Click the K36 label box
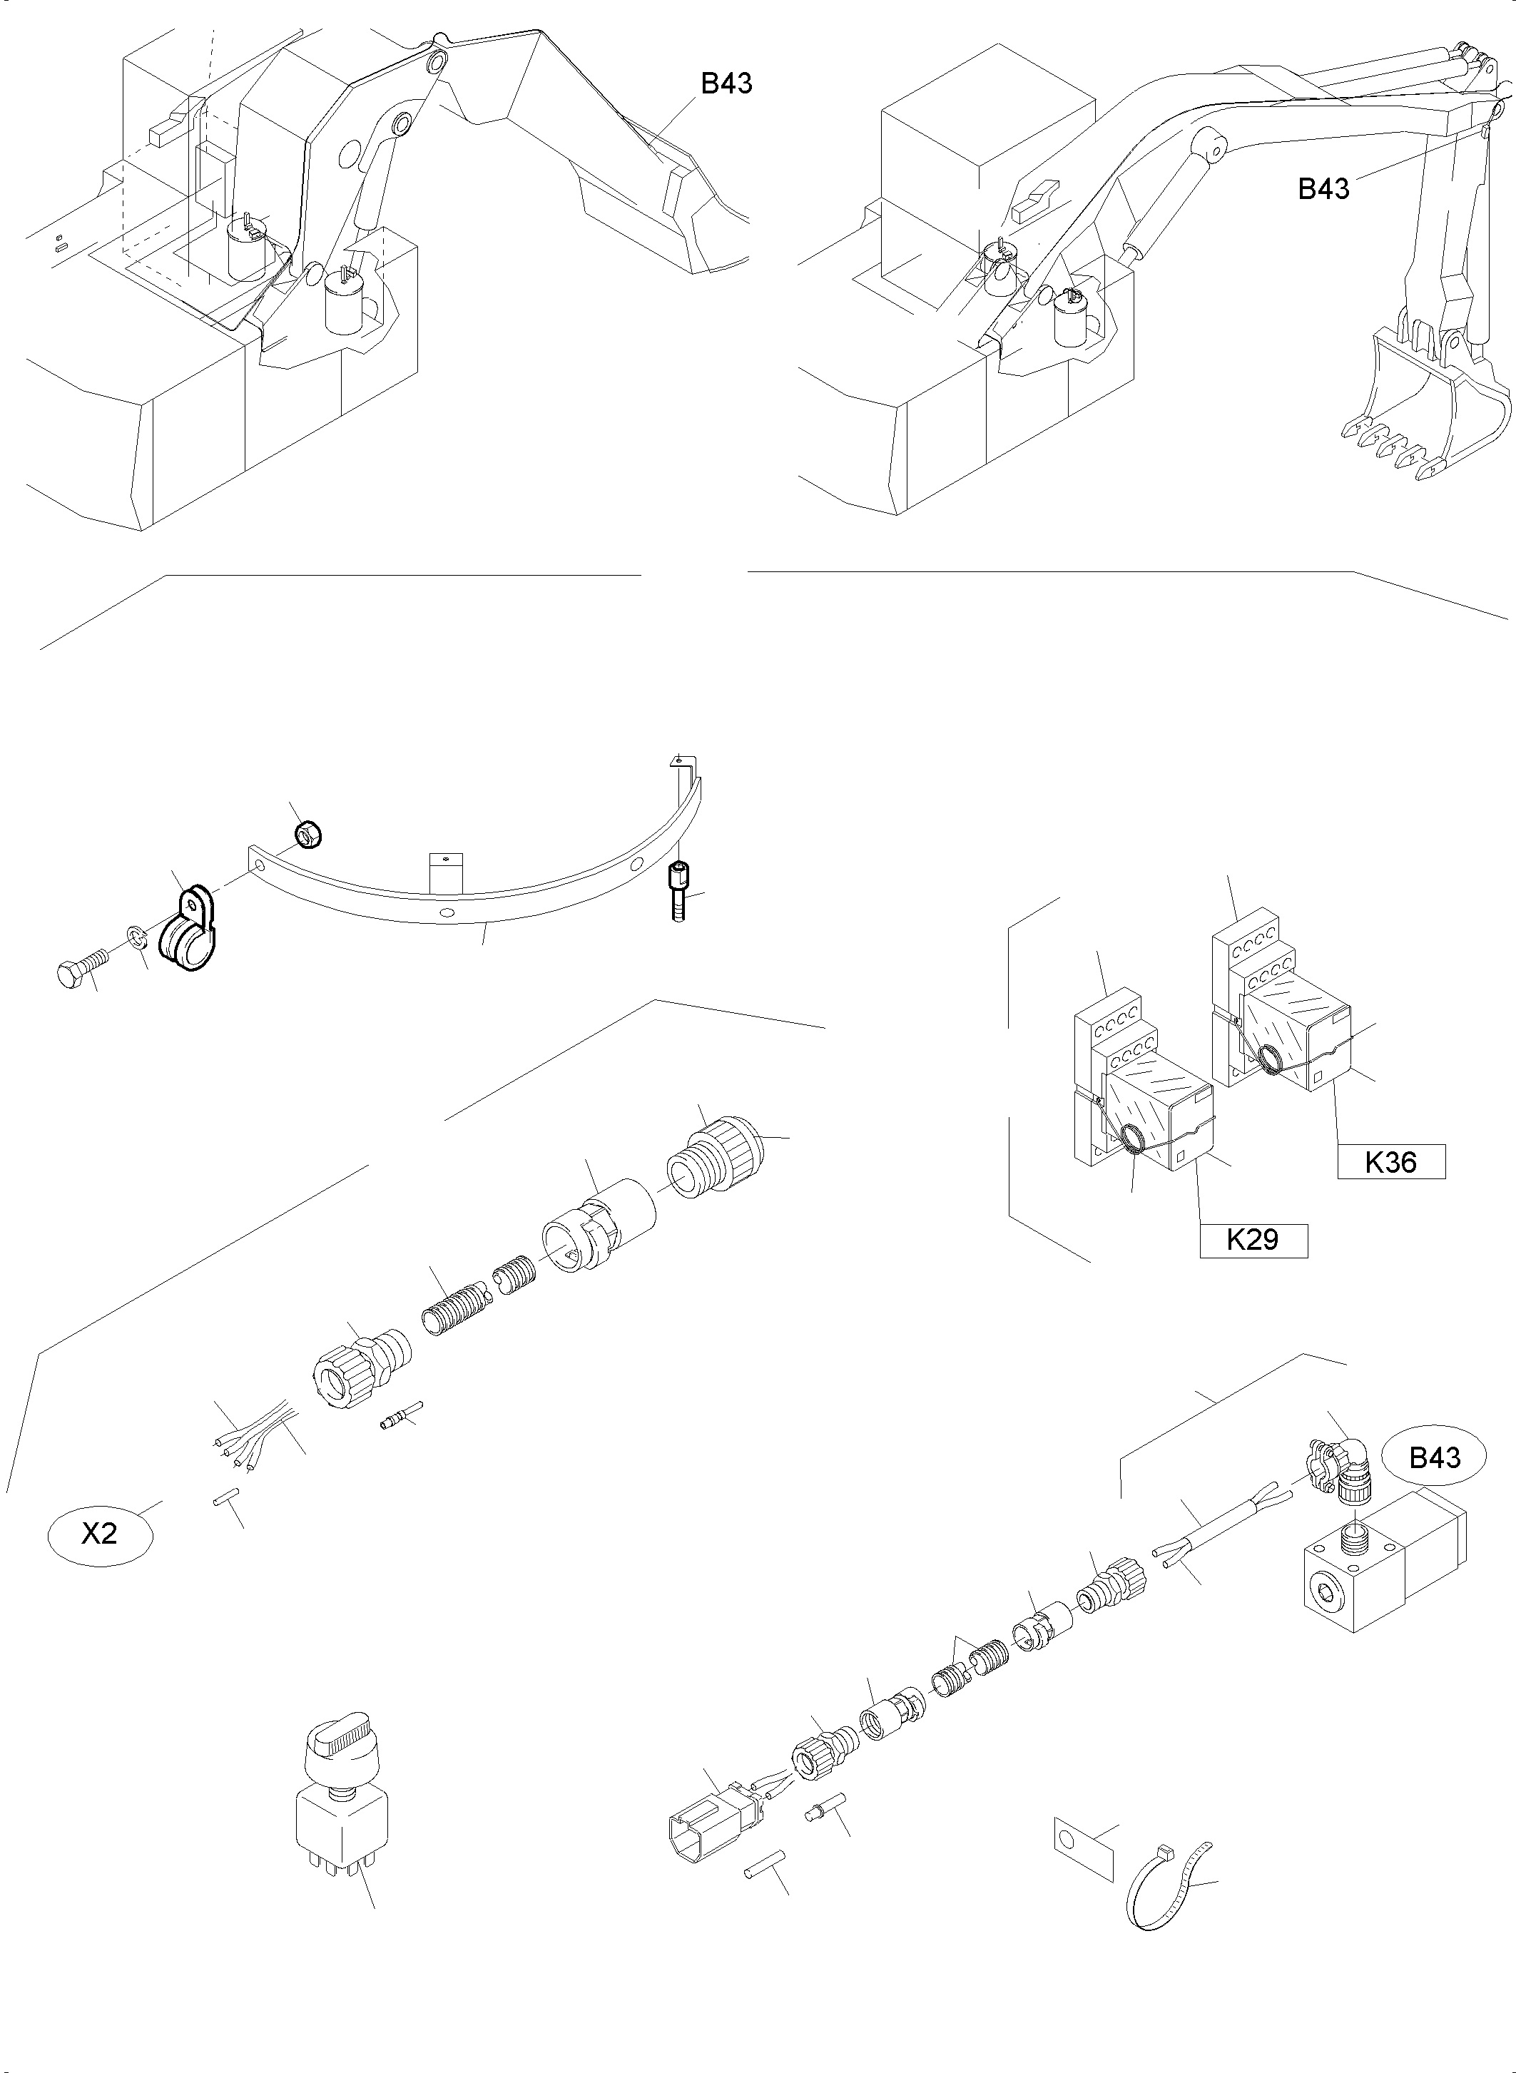1390,1162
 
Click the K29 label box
1253,1240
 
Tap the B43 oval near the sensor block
1435,1457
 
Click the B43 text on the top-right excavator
1323,188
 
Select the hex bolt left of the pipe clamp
81,967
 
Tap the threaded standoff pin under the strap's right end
678,890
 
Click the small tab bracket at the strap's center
446,871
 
